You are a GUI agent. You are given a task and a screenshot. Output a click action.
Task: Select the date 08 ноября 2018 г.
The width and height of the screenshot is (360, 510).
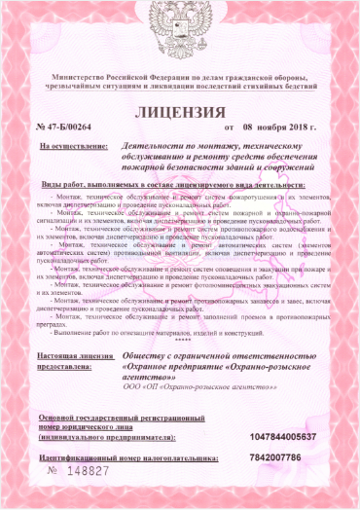[x=275, y=127]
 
